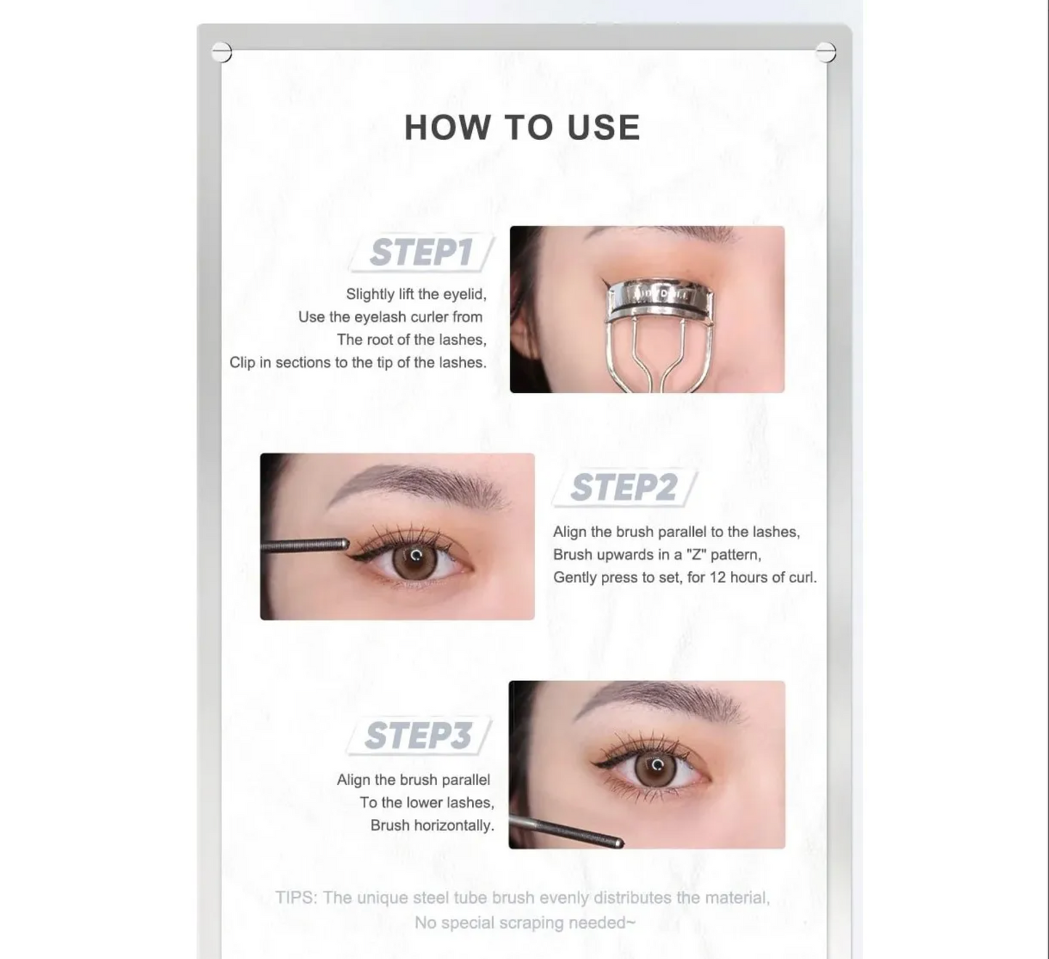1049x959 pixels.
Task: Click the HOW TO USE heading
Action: (523, 128)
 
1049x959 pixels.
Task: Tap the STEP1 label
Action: (422, 253)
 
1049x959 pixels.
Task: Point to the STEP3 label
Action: (418, 735)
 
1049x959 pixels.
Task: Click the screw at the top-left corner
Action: (221, 52)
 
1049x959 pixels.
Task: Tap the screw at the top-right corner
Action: (825, 52)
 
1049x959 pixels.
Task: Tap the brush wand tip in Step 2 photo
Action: (345, 544)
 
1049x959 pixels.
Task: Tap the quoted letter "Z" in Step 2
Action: (696, 554)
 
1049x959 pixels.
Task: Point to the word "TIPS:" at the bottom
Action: (296, 898)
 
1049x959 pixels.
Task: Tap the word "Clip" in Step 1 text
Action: (242, 362)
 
